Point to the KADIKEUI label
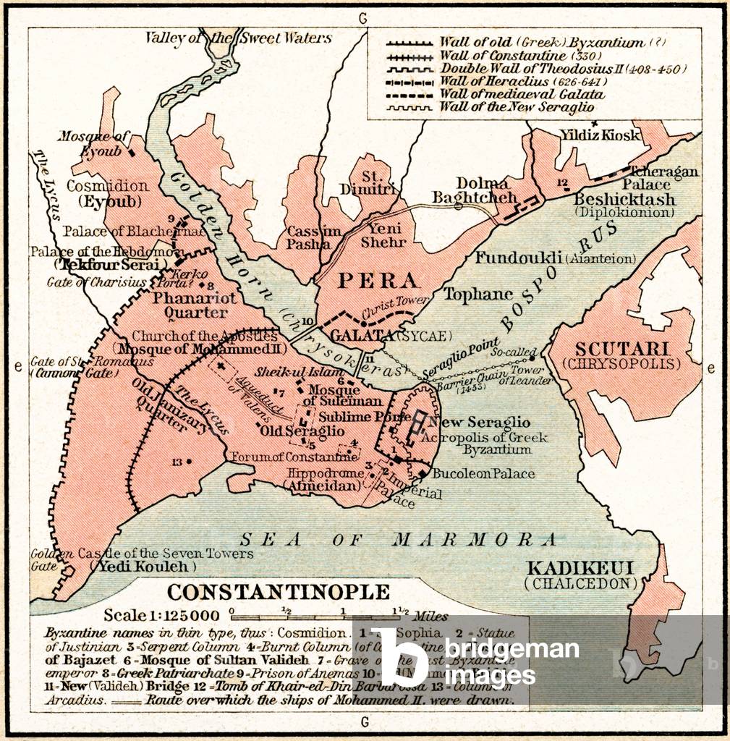click(x=581, y=567)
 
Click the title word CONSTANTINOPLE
click(x=279, y=592)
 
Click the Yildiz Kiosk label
click(x=600, y=135)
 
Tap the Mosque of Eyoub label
click(x=93, y=143)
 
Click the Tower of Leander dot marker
click(x=532, y=357)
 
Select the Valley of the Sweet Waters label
click(x=239, y=38)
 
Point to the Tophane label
click(x=478, y=294)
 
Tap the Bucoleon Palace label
click(x=483, y=474)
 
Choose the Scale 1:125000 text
click(x=161, y=615)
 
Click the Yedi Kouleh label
click(x=142, y=567)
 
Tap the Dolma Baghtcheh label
click(x=475, y=190)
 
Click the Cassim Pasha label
click(x=313, y=237)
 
